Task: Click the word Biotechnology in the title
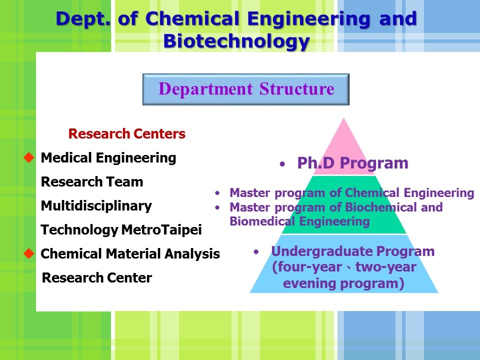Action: [x=236, y=41]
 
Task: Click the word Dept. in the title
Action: [x=83, y=19]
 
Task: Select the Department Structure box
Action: [x=246, y=89]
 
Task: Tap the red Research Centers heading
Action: [x=126, y=134]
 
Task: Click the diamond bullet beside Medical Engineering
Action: [x=29, y=157]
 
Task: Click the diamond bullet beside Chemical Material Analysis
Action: [x=29, y=253]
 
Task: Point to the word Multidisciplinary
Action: [x=96, y=205]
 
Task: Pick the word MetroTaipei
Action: [x=161, y=230]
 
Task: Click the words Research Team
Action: [x=92, y=182]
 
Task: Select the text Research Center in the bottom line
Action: [x=96, y=277]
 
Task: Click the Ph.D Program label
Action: [x=352, y=163]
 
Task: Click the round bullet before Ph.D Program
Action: [x=282, y=164]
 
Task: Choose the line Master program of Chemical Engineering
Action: [x=351, y=193]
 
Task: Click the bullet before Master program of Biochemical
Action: [x=217, y=207]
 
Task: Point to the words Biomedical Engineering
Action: [x=299, y=221]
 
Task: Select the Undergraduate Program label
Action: [x=352, y=251]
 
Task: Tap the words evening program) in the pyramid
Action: [x=343, y=283]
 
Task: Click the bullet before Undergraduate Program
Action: [x=256, y=252]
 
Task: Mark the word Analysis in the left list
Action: [x=192, y=254]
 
